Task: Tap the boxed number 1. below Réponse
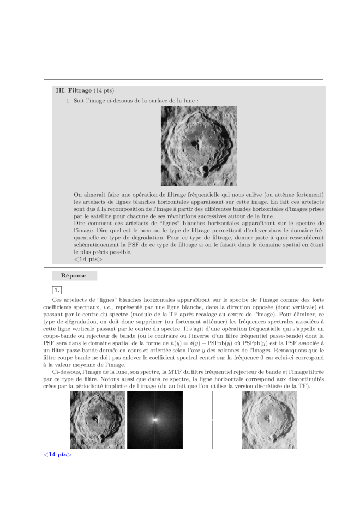[56, 289]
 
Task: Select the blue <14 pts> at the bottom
[57, 454]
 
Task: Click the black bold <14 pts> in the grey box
[88, 259]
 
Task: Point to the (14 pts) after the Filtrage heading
[104, 90]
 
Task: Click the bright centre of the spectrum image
[155, 420]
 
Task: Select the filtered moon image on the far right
[269, 420]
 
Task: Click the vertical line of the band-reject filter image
[212, 420]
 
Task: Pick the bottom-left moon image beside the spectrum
[98, 420]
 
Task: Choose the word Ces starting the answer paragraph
[57, 300]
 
